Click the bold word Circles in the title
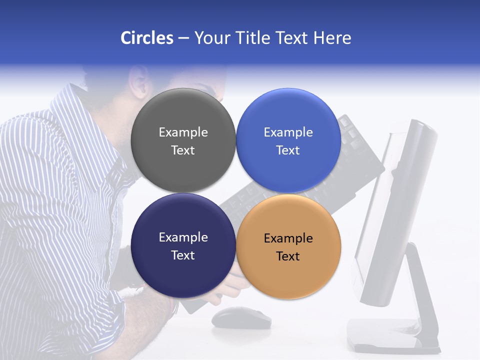[146, 38]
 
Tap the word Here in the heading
[332, 38]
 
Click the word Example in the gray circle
[183, 132]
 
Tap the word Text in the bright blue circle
[288, 150]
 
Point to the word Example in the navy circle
[183, 237]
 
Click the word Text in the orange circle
[288, 256]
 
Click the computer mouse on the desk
[241, 317]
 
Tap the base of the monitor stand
[392, 335]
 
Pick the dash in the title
[183, 38]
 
